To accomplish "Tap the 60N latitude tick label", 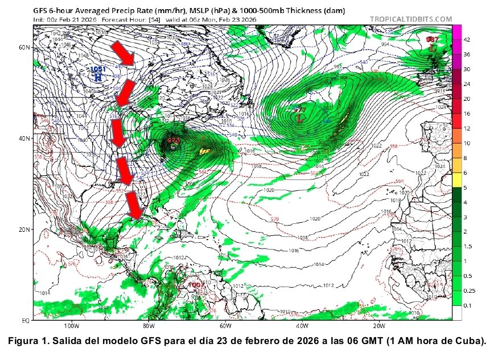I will click(24, 47).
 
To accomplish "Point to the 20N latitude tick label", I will click(24, 230).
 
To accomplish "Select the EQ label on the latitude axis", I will click(26, 321).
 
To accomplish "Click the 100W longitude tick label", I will click(71, 327).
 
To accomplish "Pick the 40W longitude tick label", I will click(302, 327).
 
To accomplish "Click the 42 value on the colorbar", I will click(467, 40).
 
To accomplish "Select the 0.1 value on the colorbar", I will click(467, 306).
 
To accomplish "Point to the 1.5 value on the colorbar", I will click(467, 246).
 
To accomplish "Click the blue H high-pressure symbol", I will click(97, 76).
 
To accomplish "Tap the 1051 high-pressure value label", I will click(98, 69).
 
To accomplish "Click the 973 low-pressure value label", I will click(174, 140).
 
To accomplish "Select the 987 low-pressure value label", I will click(433, 39).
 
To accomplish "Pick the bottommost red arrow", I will click(134, 205).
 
